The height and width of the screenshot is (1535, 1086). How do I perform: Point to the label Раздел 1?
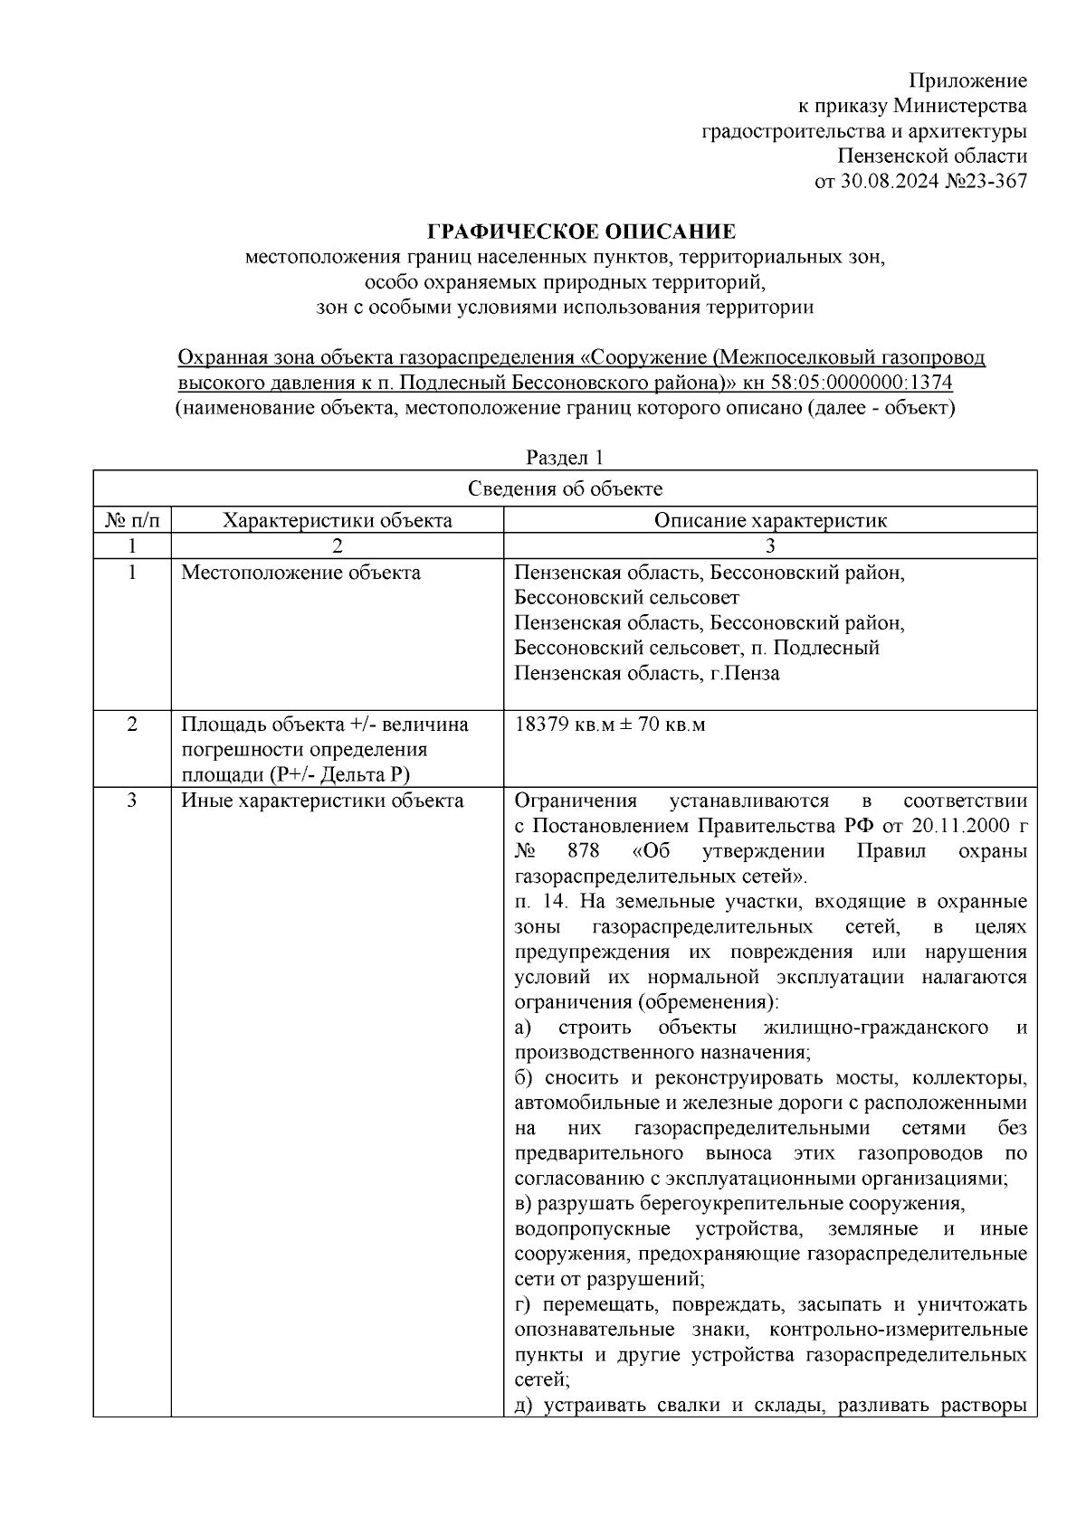(565, 458)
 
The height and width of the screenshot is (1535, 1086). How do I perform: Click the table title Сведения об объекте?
(565, 489)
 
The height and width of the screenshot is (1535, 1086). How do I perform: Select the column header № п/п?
(132, 520)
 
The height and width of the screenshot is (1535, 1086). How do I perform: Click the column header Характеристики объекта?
(337, 520)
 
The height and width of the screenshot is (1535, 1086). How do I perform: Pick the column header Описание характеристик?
(769, 520)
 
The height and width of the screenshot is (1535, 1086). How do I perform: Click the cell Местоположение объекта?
(300, 573)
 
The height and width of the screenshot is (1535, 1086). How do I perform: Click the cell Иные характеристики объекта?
(322, 801)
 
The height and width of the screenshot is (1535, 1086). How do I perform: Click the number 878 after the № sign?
(584, 851)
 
